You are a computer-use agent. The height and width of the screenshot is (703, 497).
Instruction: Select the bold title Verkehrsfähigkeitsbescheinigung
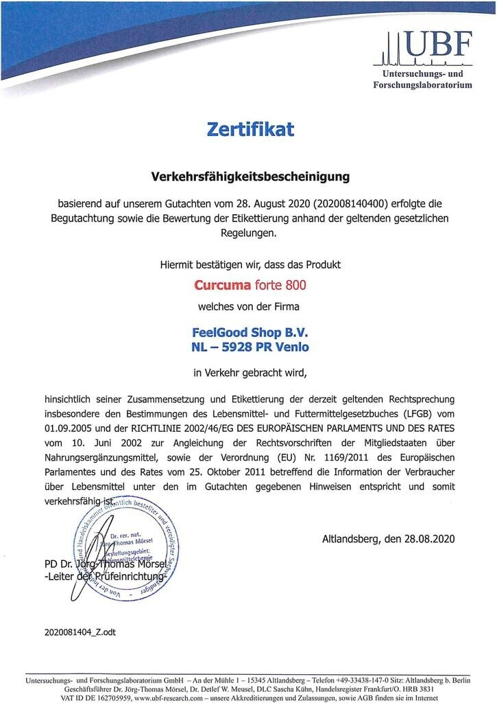250,176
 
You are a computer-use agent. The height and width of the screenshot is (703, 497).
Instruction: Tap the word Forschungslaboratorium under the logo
422,85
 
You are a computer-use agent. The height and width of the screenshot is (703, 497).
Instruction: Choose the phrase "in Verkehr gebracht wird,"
250,373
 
